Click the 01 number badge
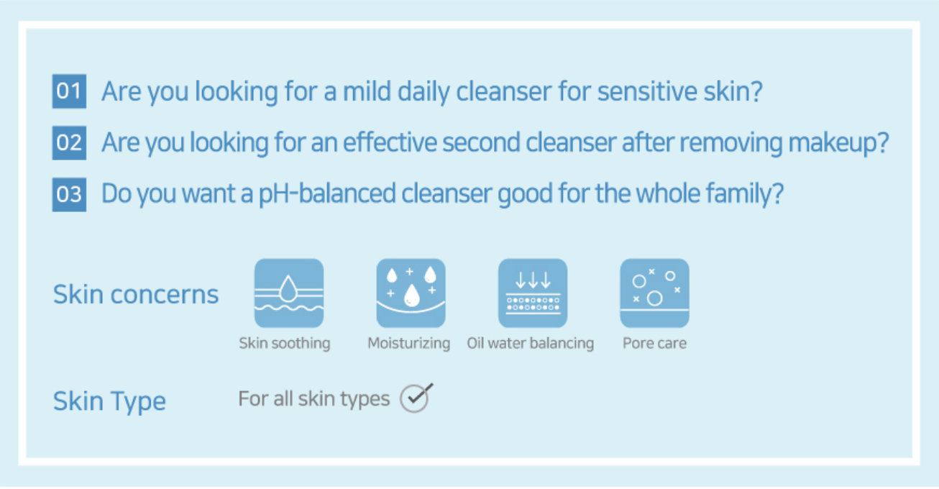click(x=69, y=91)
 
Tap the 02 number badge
click(x=69, y=143)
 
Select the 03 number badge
click(x=69, y=195)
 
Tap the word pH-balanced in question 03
click(x=327, y=193)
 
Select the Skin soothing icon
click(x=289, y=293)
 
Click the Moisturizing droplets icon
click(x=411, y=293)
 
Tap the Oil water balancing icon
click(x=533, y=293)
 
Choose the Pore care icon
click(x=655, y=293)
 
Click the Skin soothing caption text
click(x=285, y=344)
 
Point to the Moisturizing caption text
click(x=409, y=344)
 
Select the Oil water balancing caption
click(x=531, y=344)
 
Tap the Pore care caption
click(x=655, y=344)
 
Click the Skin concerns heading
click(x=136, y=294)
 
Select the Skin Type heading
click(x=109, y=401)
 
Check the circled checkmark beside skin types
click(x=415, y=398)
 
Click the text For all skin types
click(x=314, y=399)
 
